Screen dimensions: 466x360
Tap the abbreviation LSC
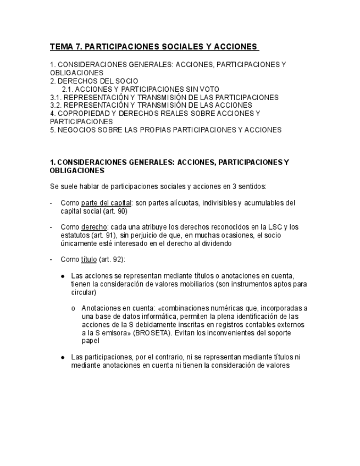[265, 227]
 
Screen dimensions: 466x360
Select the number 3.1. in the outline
[56, 97]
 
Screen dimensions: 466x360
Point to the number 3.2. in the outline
[56, 105]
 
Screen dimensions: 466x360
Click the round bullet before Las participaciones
[63, 357]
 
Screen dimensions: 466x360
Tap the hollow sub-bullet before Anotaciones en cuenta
[74, 308]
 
